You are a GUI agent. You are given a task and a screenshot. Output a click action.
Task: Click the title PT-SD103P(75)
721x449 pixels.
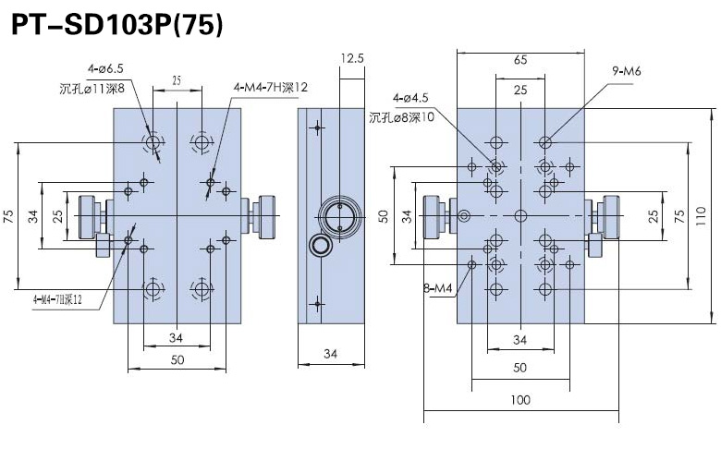pyautogui.click(x=116, y=25)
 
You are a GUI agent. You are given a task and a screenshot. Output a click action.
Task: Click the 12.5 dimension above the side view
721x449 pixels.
pyautogui.click(x=351, y=58)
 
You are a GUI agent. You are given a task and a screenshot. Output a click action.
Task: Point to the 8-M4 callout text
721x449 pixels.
pyautogui.click(x=437, y=288)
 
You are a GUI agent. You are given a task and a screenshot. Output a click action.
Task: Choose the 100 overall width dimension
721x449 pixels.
pyautogui.click(x=520, y=399)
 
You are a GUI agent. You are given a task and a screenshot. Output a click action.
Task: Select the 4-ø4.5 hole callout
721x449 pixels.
pyautogui.click(x=410, y=97)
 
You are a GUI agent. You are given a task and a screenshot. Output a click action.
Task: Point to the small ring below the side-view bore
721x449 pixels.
pyautogui.click(x=320, y=245)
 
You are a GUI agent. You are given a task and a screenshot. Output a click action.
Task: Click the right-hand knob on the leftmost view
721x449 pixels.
pyautogui.click(x=262, y=215)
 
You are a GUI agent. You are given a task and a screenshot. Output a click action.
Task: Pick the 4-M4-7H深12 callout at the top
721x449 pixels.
pyautogui.click(x=271, y=87)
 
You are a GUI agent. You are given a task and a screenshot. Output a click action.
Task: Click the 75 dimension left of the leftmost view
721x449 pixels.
pyautogui.click(x=8, y=216)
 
